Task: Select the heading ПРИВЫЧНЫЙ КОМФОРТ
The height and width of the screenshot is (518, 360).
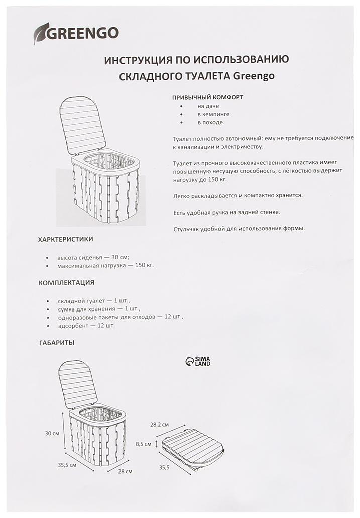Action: coord(207,97)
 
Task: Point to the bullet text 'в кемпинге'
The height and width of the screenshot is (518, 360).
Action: coord(213,114)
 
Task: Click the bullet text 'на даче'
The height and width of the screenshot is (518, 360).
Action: coord(208,106)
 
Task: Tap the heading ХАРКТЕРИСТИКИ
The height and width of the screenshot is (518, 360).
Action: coord(66,239)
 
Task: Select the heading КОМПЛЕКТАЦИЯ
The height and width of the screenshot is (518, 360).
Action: coord(66,283)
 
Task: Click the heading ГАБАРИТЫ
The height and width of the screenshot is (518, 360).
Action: coord(57,342)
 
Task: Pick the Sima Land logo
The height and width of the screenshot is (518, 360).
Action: coord(198,361)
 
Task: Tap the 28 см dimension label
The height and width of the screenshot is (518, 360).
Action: coord(125,471)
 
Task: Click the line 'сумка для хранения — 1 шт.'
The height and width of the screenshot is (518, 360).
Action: coord(99,309)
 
